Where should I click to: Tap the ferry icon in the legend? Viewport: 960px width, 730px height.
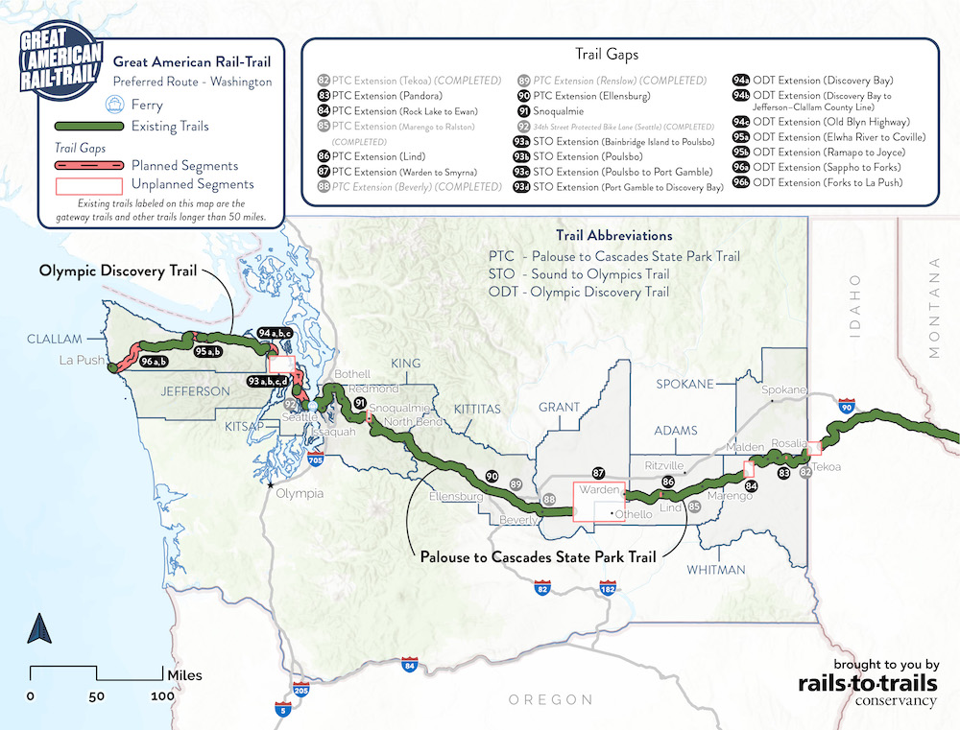coord(115,105)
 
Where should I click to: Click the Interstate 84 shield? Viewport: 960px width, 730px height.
coord(410,664)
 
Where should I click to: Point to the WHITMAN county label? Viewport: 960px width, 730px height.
coord(715,570)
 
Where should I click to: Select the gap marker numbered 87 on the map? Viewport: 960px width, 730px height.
coord(598,473)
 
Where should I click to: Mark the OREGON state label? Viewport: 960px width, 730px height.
coord(550,699)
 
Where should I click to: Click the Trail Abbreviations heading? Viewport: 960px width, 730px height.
coord(614,236)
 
